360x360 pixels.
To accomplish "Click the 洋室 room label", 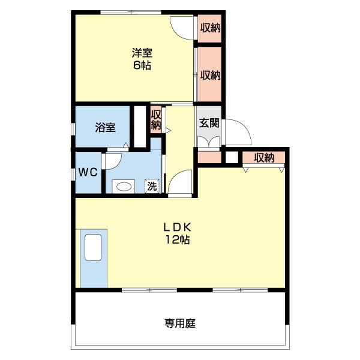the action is coord(142,53).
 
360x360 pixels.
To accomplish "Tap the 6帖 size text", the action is coord(142,65).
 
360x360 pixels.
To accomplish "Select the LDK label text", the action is coord(177,227).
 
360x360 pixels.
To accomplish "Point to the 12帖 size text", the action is coord(178,240).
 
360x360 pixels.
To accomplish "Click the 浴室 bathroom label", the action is coord(105,128).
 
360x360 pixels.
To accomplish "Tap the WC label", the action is coord(88,172).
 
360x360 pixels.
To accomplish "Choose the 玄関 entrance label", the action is coord(209,123).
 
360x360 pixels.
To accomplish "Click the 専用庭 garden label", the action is coord(180,323).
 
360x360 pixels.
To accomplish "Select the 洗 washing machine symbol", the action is coord(152,186).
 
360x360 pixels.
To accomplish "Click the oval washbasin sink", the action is coord(124,187).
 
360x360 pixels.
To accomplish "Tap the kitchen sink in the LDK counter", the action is coord(93,247).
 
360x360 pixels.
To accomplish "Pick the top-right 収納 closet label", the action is coord(211,28).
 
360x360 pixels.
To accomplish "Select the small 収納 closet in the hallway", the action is coord(156,119).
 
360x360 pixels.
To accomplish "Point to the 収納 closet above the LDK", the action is coord(264,158).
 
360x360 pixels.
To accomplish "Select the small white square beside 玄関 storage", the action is coord(232,157).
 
